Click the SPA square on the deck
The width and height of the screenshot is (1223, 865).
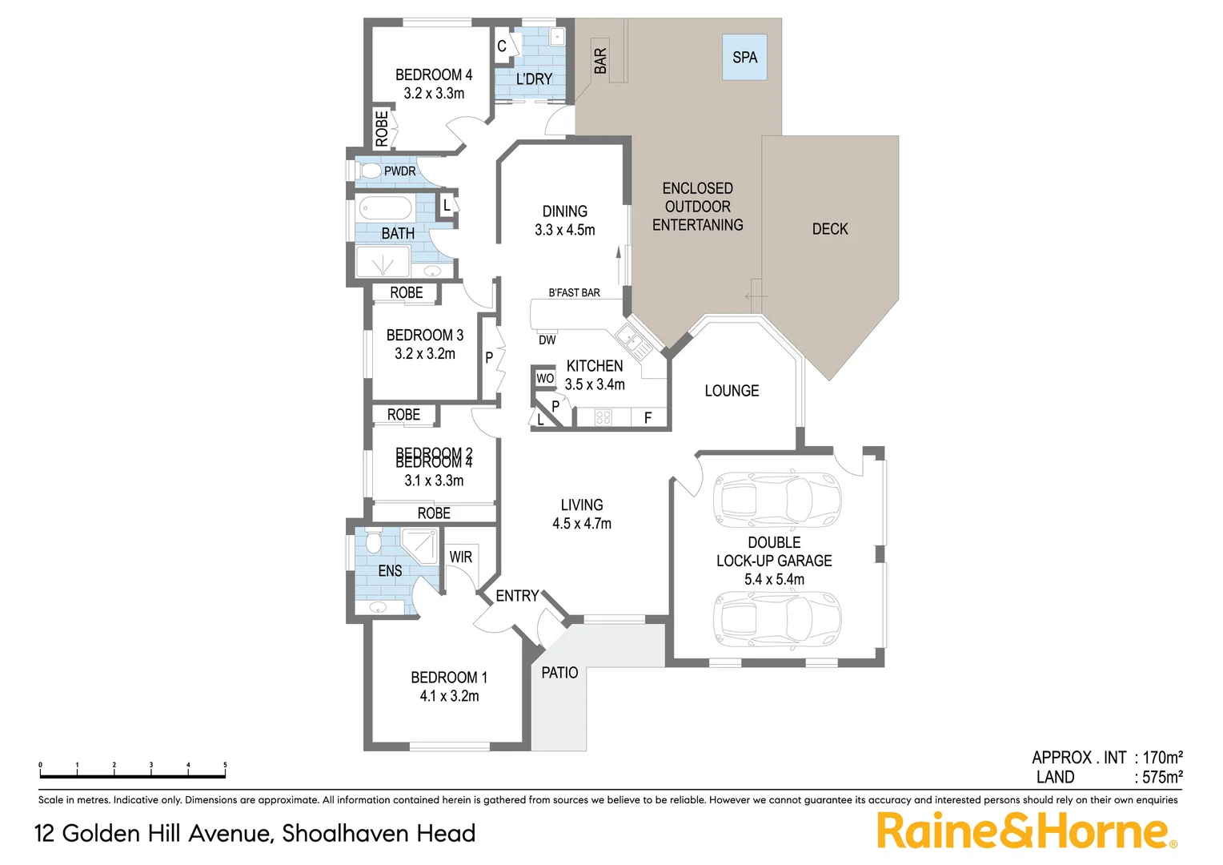tap(744, 57)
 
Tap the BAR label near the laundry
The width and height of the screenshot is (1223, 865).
tap(600, 61)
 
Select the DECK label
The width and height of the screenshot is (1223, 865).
tap(830, 229)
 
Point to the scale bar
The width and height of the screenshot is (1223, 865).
tap(133, 775)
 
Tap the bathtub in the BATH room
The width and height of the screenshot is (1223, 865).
tap(385, 209)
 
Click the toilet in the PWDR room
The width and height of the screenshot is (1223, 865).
tap(371, 171)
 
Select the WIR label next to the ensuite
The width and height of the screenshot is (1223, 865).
tap(460, 557)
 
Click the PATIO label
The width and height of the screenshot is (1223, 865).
tap(559, 673)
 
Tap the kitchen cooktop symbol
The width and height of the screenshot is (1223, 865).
tap(603, 417)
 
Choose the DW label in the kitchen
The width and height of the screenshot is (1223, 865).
tap(547, 340)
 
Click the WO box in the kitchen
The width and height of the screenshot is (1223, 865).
tap(545, 378)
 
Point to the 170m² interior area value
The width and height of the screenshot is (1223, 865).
tap(1162, 757)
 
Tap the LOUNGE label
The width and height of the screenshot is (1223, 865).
tap(732, 391)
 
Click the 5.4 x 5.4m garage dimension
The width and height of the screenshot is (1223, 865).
tap(774, 579)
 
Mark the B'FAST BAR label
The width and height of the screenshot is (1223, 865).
tap(574, 292)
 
